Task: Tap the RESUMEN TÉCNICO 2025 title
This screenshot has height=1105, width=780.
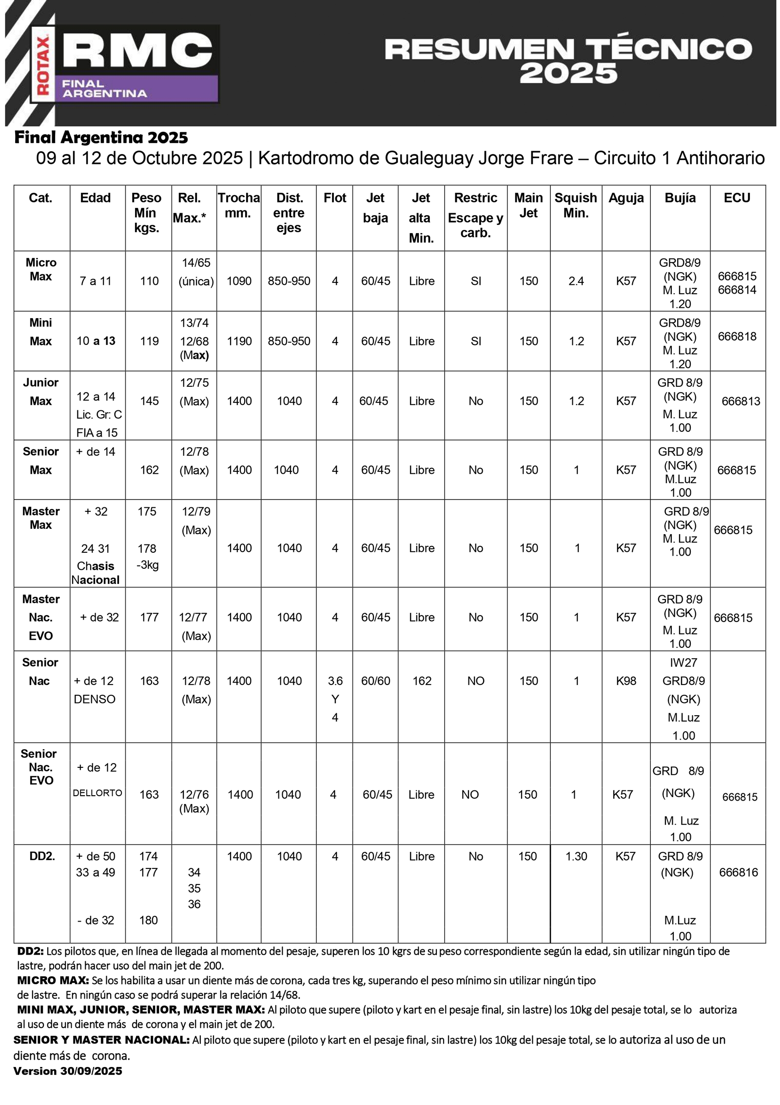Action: coord(568,61)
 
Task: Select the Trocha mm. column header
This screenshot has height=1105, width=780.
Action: coord(238,205)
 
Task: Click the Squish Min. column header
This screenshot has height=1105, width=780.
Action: coord(575,205)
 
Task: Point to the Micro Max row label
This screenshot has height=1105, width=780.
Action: coord(41,269)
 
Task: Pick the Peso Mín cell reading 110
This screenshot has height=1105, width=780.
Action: coord(149,281)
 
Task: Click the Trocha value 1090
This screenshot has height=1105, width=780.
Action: coord(239,281)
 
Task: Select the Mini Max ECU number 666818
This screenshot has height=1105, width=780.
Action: coord(737,336)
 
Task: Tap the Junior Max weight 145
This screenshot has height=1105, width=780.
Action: coord(149,401)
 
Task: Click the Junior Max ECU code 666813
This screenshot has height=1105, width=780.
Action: coord(741,401)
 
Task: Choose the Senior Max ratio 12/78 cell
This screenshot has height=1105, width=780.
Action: coord(195,461)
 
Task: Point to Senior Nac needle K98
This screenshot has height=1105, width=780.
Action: coord(626,681)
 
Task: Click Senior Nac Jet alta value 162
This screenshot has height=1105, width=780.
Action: coord(422,681)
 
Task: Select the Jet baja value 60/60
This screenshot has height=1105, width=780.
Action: coord(375,681)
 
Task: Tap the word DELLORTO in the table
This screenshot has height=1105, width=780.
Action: coord(97,793)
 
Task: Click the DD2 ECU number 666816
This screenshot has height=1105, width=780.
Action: coord(739,872)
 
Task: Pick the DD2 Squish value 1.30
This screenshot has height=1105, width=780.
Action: coord(576,856)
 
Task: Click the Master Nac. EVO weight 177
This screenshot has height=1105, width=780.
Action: coord(149,617)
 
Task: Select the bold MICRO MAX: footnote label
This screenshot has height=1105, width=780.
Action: coord(53,980)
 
